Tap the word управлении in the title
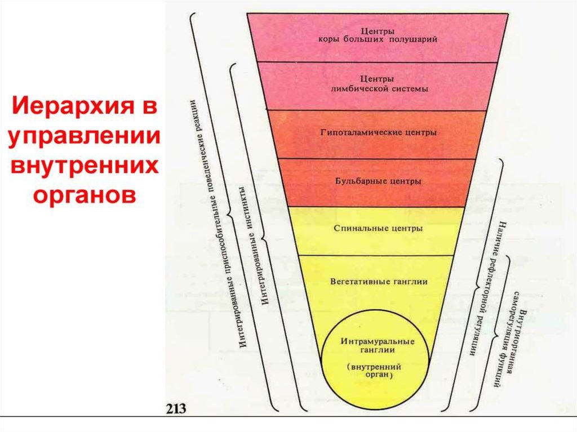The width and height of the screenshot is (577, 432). [x=83, y=137]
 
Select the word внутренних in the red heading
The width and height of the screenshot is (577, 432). [x=83, y=166]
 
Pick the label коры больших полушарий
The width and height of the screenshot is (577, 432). [x=375, y=41]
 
